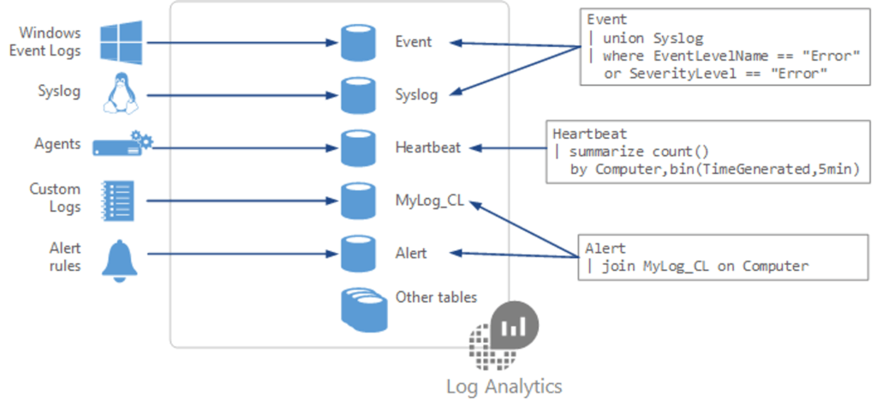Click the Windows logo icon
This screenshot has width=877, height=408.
click(x=121, y=42)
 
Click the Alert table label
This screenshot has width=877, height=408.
click(x=411, y=253)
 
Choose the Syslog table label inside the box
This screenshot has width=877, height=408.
click(x=416, y=94)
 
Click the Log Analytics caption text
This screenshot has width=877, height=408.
click(x=504, y=386)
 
